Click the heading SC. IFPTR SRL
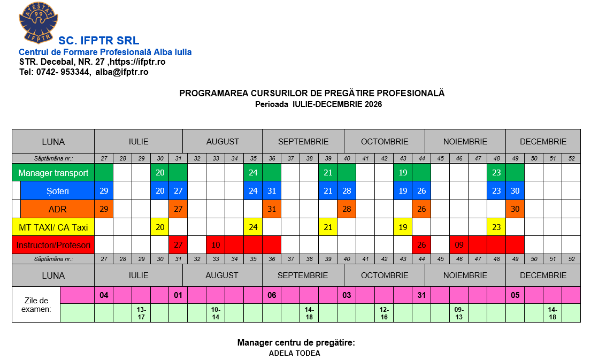[98, 41]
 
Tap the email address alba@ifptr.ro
[122, 72]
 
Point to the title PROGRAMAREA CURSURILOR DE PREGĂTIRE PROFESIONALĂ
[312, 93]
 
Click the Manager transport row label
[53, 173]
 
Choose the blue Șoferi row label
[58, 191]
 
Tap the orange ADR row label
[58, 209]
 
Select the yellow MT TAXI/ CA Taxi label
[53, 227]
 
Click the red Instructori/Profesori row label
[53, 246]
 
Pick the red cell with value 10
[216, 246]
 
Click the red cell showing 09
[459, 246]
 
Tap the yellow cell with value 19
[403, 227]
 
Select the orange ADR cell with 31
[272, 209]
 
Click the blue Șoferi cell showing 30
[515, 191]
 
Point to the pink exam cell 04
[104, 295]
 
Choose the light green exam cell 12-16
[384, 313]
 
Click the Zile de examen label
[36, 304]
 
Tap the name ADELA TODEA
[294, 353]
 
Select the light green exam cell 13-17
[141, 313]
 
